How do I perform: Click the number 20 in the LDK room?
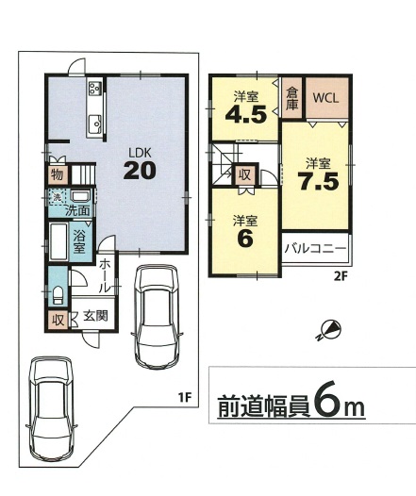tap(140, 171)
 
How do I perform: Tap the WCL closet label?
tap(325, 98)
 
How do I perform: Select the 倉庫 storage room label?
tap(291, 98)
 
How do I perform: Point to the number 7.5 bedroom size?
tap(318, 182)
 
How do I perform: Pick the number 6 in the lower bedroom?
tap(245, 239)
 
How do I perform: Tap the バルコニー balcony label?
tap(315, 248)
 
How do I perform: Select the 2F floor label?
tap(341, 277)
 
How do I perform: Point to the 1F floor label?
tap(185, 398)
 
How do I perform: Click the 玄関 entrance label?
tap(95, 315)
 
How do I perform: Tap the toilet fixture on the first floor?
tap(58, 295)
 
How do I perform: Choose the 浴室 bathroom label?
tap(79, 241)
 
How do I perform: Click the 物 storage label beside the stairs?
tap(58, 174)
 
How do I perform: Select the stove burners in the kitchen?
tap(94, 88)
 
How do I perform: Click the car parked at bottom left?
tap(52, 408)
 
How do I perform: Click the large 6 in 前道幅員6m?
tap(324, 404)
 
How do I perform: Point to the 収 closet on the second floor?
tap(245, 175)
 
